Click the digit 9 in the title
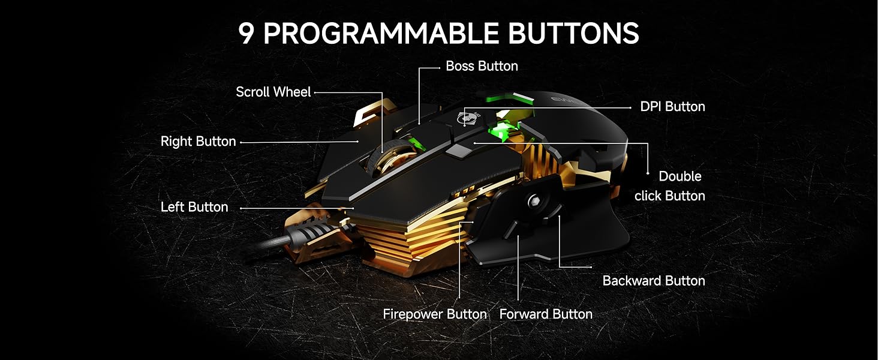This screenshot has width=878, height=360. [246, 33]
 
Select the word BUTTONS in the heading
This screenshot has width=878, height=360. [574, 33]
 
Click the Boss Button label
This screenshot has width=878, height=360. [482, 66]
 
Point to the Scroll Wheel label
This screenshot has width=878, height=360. [273, 92]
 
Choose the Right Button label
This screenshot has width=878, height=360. [198, 141]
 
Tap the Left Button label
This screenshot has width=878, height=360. [194, 206]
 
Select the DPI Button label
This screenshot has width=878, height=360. [672, 106]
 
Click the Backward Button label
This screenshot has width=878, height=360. [654, 280]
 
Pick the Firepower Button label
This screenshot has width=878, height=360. [435, 314]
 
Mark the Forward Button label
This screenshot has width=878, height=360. [546, 314]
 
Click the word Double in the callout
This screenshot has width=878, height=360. [679, 176]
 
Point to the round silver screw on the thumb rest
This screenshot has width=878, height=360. [534, 202]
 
